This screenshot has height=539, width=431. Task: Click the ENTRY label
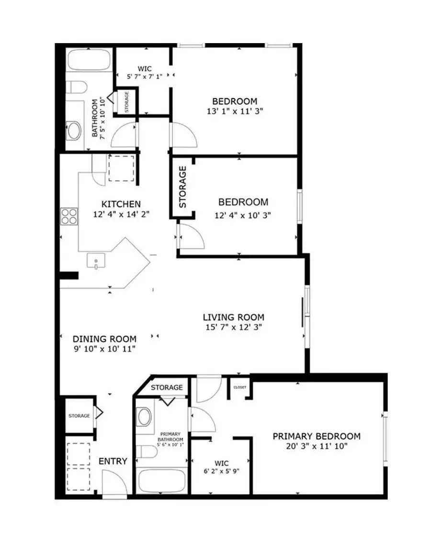pos(113,461)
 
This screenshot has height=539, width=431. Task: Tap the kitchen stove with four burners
pos(69,217)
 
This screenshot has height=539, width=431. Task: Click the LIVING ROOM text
pos(233,317)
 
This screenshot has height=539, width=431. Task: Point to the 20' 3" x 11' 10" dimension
pos(316,446)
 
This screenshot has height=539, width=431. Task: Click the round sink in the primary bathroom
pos(144,417)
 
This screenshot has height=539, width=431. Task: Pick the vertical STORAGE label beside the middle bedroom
pos(182,187)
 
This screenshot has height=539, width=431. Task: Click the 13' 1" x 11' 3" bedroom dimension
pos(235,111)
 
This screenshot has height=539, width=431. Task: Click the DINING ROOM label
pos(98,339)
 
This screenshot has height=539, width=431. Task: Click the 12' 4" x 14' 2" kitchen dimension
pos(122,215)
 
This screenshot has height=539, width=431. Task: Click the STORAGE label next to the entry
pos(79,415)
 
